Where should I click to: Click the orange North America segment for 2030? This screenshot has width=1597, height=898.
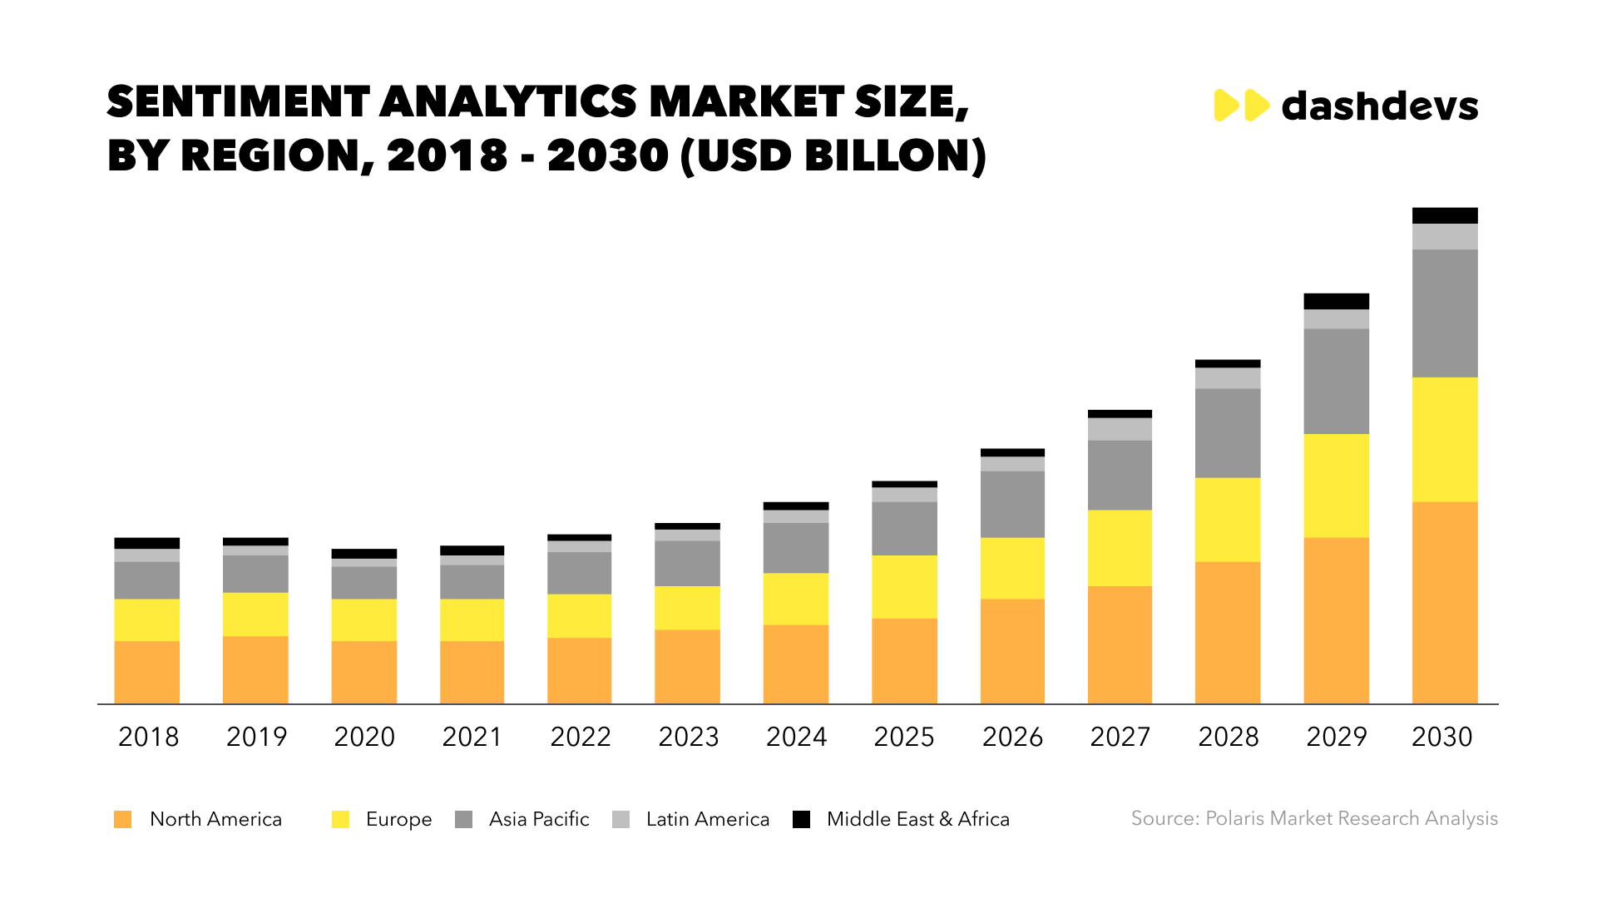coord(1445,603)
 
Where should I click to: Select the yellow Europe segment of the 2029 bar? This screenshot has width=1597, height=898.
coord(1336,486)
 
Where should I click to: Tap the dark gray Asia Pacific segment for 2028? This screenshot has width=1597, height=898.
coord(1228,433)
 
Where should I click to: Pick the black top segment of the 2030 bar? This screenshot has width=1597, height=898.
coord(1445,215)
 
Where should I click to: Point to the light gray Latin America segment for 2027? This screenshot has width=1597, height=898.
coord(1120,429)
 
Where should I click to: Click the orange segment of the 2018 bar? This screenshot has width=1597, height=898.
coord(146,672)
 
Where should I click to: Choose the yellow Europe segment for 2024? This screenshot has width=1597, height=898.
coord(796,599)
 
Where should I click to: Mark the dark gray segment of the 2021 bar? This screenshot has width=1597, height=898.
coord(472,582)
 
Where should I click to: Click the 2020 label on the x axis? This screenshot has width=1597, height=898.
coord(364,737)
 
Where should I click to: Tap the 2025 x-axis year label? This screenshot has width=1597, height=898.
coord(904,737)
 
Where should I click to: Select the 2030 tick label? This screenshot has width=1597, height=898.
coord(1442,737)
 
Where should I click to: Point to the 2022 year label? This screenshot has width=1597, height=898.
coord(581,737)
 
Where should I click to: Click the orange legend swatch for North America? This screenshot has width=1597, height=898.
coord(122,819)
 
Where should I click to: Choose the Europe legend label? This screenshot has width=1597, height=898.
coord(398,819)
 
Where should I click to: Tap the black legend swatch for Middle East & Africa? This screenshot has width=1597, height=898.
coord(801,819)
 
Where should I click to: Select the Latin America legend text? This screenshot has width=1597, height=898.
coord(708,819)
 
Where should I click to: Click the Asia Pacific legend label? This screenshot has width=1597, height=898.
coord(539,819)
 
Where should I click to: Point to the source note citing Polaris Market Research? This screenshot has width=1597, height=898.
coord(1314,818)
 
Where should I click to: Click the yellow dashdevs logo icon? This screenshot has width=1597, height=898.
coord(1241,106)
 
